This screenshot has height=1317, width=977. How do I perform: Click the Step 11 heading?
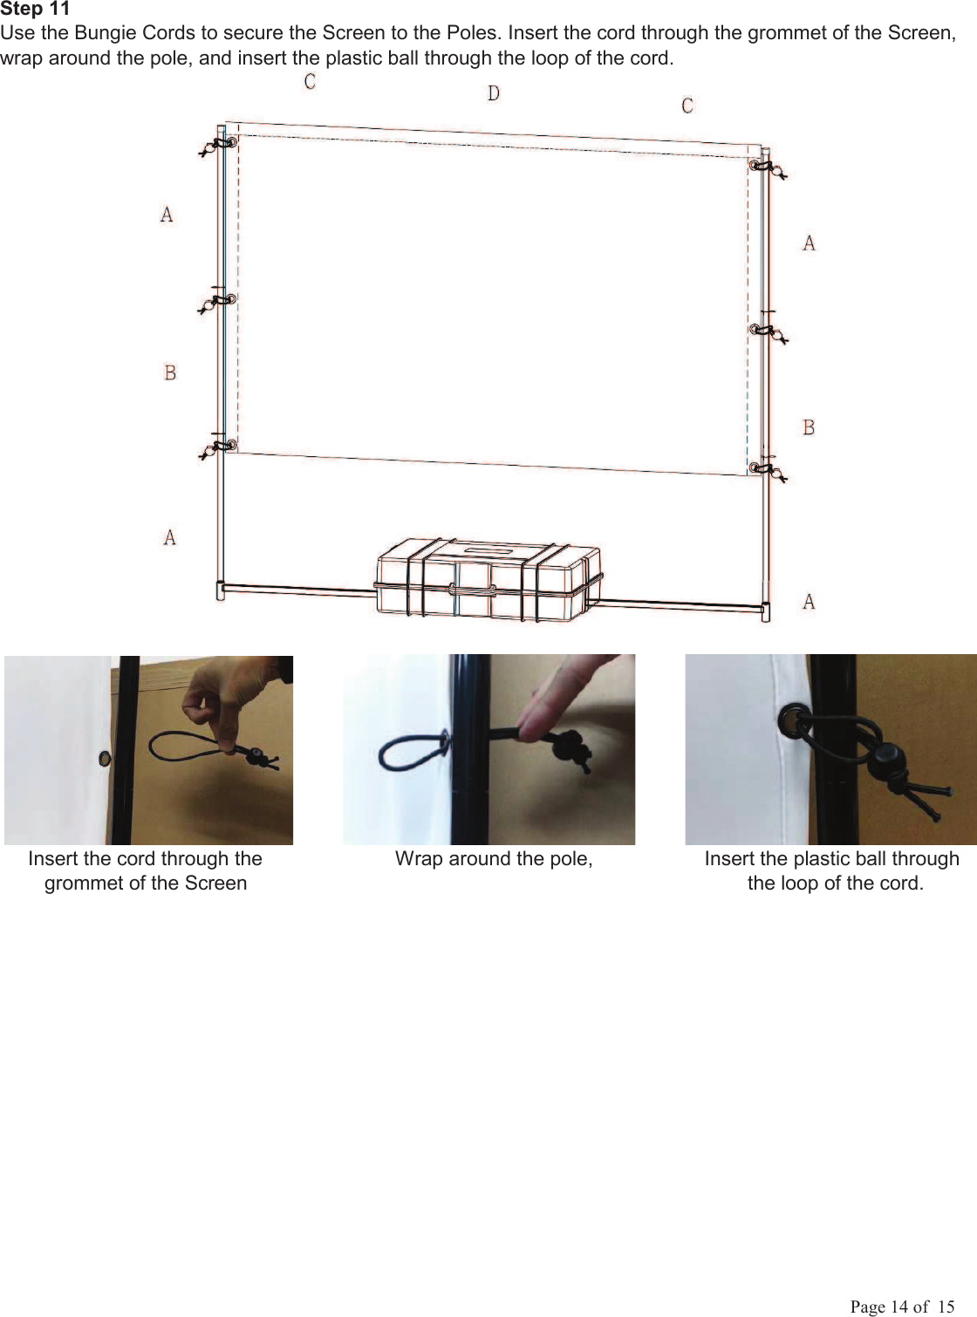pos(35,10)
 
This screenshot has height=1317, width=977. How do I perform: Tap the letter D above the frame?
pos(494,93)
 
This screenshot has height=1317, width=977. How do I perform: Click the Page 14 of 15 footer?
pos(902,1306)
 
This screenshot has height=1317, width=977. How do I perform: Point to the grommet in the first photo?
pos(105,757)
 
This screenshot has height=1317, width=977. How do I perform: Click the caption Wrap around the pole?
pos(494,859)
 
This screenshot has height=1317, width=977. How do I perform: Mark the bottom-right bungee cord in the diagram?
pos(769,472)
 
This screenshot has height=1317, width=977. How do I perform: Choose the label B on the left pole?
pos(170,373)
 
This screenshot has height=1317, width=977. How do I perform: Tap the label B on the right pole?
pos(809,427)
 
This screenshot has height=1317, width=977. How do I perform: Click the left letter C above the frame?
pos(310,82)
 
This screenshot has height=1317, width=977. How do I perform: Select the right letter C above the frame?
pos(687,106)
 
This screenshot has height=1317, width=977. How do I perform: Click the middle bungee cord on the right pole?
pos(769,331)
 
